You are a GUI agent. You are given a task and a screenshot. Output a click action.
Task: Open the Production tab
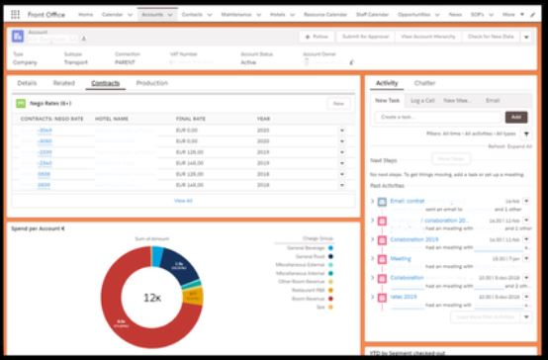151,84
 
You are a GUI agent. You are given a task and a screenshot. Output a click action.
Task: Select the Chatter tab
424,84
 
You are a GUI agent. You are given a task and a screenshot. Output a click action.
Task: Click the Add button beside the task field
516,117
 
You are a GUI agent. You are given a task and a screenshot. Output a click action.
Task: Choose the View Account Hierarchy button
428,36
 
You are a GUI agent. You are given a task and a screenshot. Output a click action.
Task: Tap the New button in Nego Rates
338,103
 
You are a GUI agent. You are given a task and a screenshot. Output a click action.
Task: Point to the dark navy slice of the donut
186,270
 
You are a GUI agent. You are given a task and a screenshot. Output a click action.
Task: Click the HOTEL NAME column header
112,119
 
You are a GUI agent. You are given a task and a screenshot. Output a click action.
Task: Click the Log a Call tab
422,101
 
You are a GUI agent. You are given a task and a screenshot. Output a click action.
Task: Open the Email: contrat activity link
407,201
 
